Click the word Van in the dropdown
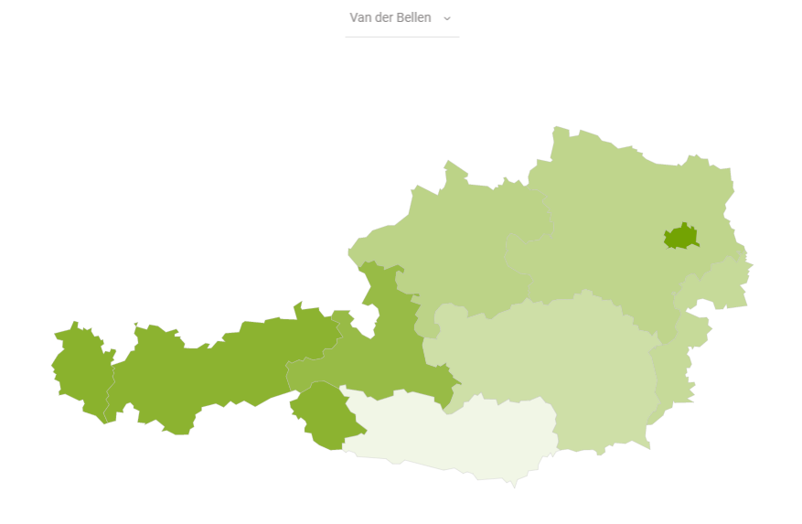(x=359, y=18)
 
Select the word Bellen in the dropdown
(x=414, y=18)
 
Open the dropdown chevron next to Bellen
(x=447, y=18)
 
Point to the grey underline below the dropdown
(x=401, y=37)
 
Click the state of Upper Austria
(x=457, y=247)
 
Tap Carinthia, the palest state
(x=457, y=434)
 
